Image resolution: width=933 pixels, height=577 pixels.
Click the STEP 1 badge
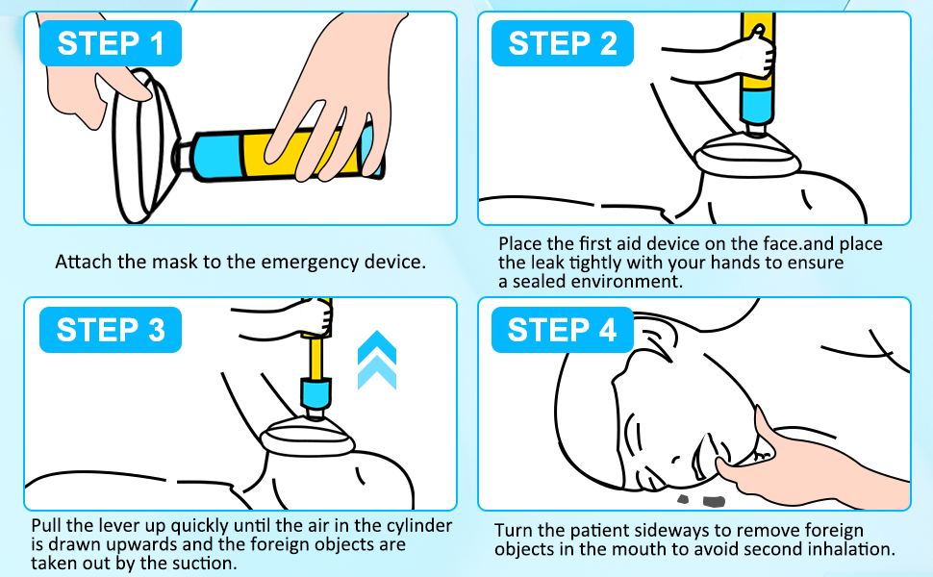pyautogui.click(x=110, y=43)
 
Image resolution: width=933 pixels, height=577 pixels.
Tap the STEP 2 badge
pyautogui.click(x=563, y=43)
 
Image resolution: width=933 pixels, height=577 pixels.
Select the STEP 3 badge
pyautogui.click(x=110, y=330)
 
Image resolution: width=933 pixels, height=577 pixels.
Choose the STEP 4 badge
pyautogui.click(x=563, y=330)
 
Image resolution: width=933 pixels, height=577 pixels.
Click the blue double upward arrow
pyautogui.click(x=377, y=360)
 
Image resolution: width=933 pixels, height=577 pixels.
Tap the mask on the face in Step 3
pyautogui.click(x=308, y=439)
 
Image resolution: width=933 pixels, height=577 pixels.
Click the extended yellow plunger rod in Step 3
pyautogui.click(x=315, y=358)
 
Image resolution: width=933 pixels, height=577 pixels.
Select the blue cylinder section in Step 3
pyautogui.click(x=315, y=393)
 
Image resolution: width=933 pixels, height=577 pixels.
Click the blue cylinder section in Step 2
pyautogui.click(x=757, y=107)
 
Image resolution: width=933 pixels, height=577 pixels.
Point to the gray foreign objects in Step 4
pyautogui.click(x=702, y=500)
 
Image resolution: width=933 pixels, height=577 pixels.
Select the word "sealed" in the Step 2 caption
pyautogui.click(x=539, y=282)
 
